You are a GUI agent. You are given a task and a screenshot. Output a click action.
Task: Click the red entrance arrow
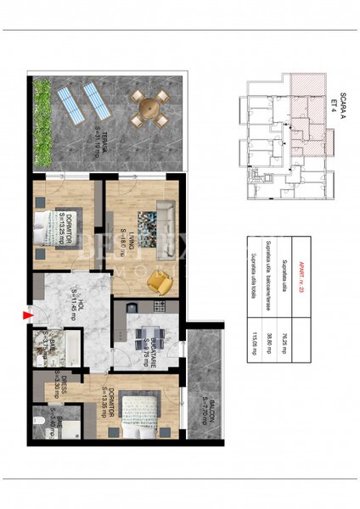[28, 317]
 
